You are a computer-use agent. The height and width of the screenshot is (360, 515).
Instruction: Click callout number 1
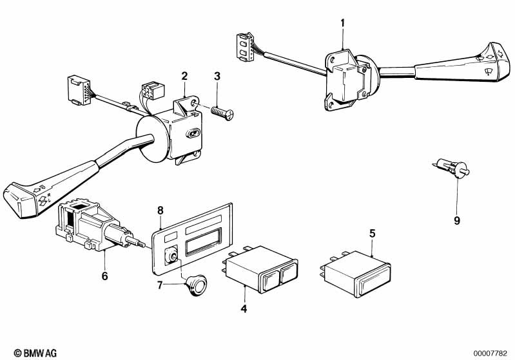tap(343, 24)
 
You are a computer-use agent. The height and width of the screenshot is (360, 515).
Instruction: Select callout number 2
tap(184, 76)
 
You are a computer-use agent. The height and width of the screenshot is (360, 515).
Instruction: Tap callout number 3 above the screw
tap(217, 76)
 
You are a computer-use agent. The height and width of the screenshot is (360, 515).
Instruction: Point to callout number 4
tap(244, 309)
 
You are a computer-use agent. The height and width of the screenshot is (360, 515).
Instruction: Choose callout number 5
tap(372, 234)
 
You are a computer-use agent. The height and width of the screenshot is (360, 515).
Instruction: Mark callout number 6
tap(105, 276)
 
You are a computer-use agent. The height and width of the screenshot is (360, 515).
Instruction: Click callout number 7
tap(160, 285)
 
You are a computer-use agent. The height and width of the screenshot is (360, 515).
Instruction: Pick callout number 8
tap(160, 211)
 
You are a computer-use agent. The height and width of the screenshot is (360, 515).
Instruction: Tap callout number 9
tap(457, 220)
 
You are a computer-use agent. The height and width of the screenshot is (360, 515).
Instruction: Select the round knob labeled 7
tap(196, 285)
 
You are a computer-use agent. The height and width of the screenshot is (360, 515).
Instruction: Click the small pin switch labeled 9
tap(452, 168)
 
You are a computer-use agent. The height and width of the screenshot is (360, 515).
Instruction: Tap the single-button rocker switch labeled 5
tap(355, 274)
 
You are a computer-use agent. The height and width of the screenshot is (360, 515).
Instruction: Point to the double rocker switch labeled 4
tap(260, 269)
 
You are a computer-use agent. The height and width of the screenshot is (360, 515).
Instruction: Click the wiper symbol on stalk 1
tap(489, 71)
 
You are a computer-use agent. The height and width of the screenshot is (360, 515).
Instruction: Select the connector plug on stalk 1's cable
tap(245, 47)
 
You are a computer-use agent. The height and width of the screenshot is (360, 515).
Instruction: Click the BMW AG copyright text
tap(35, 353)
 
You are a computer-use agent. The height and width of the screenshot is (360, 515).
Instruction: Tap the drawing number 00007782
tap(490, 354)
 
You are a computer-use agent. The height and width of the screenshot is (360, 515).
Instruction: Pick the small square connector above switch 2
tap(153, 91)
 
